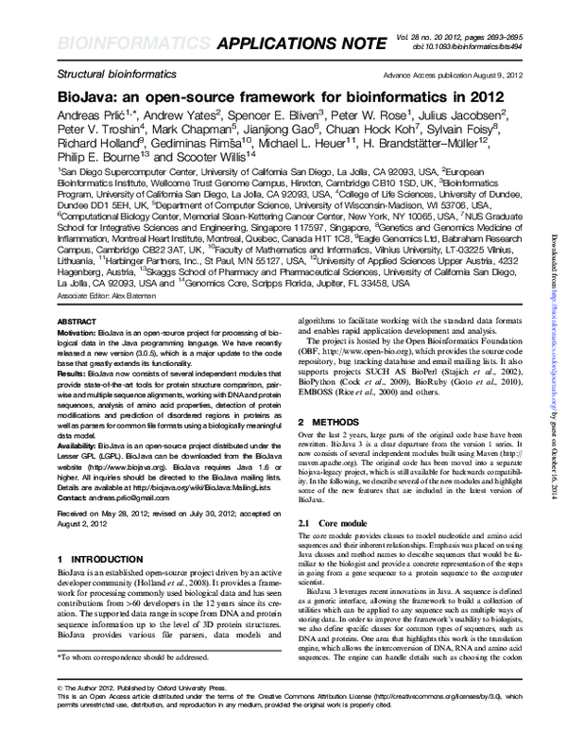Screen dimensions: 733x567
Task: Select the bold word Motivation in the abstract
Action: tap(77, 335)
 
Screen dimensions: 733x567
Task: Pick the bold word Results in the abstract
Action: tap(72, 374)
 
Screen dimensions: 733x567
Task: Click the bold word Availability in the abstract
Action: tap(79, 441)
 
